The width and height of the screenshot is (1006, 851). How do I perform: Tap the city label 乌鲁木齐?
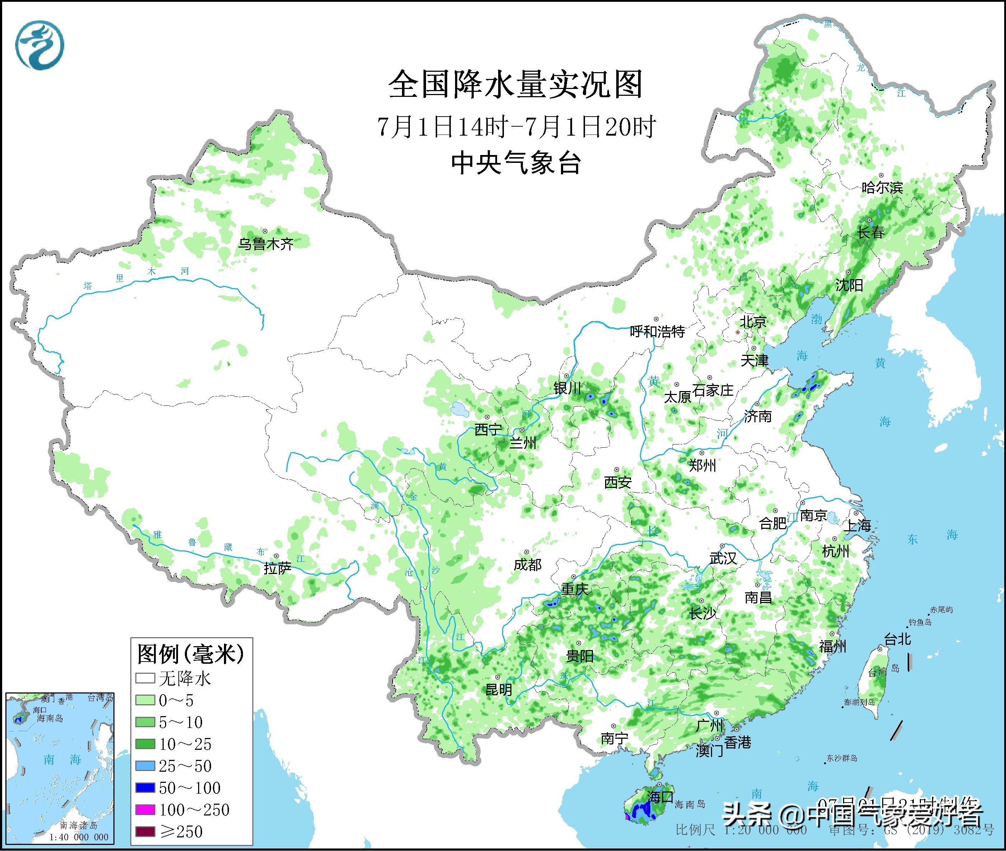coord(266,244)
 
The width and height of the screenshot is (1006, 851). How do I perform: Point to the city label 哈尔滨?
coord(882,188)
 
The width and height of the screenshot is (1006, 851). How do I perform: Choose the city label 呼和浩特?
coord(657,332)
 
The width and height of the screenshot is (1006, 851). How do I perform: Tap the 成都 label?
coord(527,564)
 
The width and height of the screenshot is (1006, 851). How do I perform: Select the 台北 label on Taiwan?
coord(897,640)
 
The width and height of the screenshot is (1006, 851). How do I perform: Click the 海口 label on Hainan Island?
coord(660,797)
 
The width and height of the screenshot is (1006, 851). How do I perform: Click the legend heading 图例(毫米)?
coord(191,654)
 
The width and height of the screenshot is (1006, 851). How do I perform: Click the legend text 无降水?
coord(185,679)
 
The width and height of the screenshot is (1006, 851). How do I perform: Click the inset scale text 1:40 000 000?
coord(79,837)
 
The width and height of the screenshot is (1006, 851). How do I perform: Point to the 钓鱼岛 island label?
coord(920,622)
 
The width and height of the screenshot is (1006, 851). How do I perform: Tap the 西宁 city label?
coord(488,429)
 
